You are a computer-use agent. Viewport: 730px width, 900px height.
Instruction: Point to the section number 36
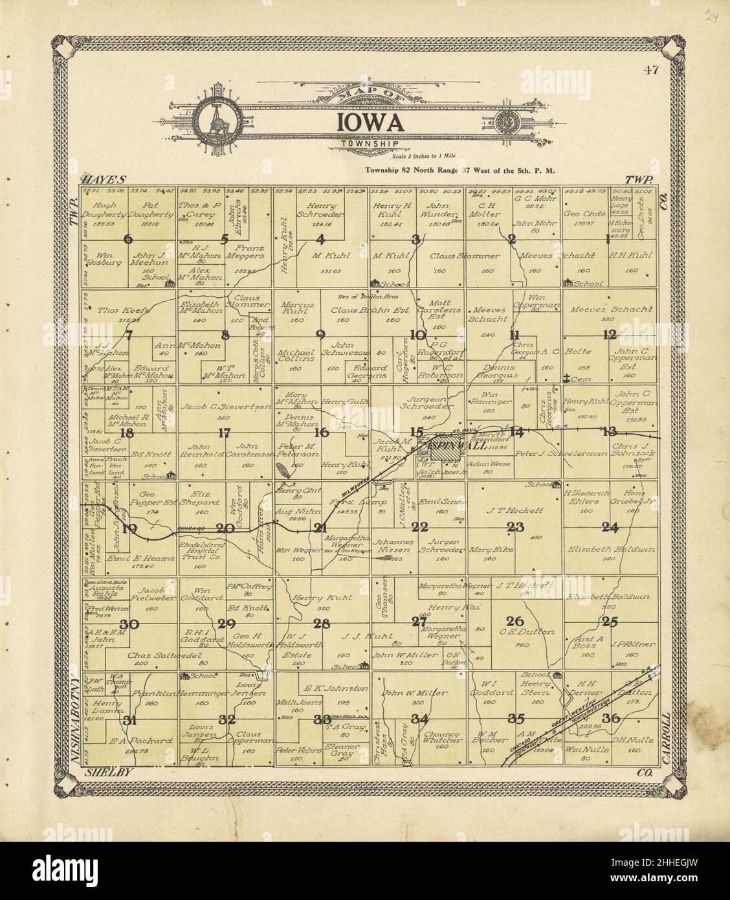click(x=610, y=718)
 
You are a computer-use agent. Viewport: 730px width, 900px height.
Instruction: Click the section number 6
click(x=128, y=239)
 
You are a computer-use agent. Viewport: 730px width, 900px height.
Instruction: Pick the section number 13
click(x=610, y=432)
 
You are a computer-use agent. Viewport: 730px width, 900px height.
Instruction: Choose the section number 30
click(x=130, y=624)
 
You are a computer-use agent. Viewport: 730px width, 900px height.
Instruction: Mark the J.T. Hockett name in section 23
click(x=516, y=510)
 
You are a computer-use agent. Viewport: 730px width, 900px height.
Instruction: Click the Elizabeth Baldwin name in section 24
click(x=610, y=550)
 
